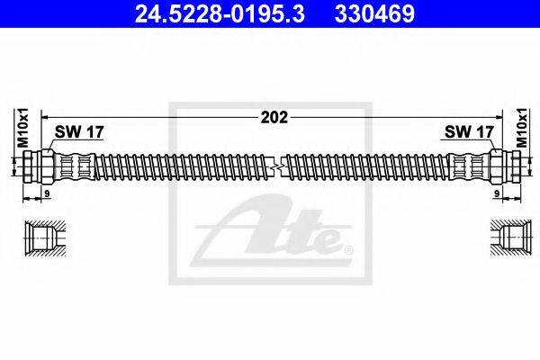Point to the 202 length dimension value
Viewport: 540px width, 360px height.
(269, 116)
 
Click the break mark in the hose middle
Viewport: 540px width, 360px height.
(281, 166)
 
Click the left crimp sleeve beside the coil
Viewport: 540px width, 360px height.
(77, 166)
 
